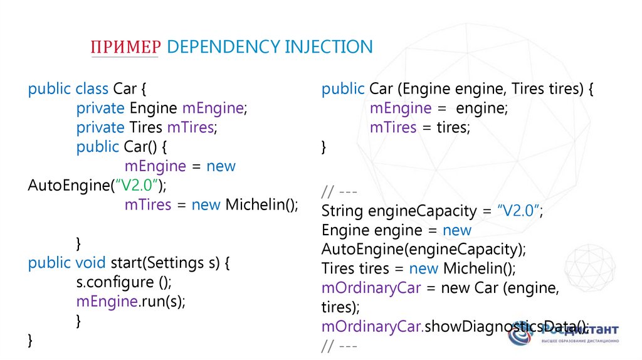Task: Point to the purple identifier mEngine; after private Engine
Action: click(215, 109)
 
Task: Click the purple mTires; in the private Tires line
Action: click(191, 128)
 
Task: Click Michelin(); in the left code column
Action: click(261, 205)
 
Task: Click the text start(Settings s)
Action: click(165, 263)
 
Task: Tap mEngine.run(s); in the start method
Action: click(131, 302)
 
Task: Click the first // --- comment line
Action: click(339, 191)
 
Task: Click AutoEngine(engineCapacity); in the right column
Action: click(424, 250)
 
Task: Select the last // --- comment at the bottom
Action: click(339, 346)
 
